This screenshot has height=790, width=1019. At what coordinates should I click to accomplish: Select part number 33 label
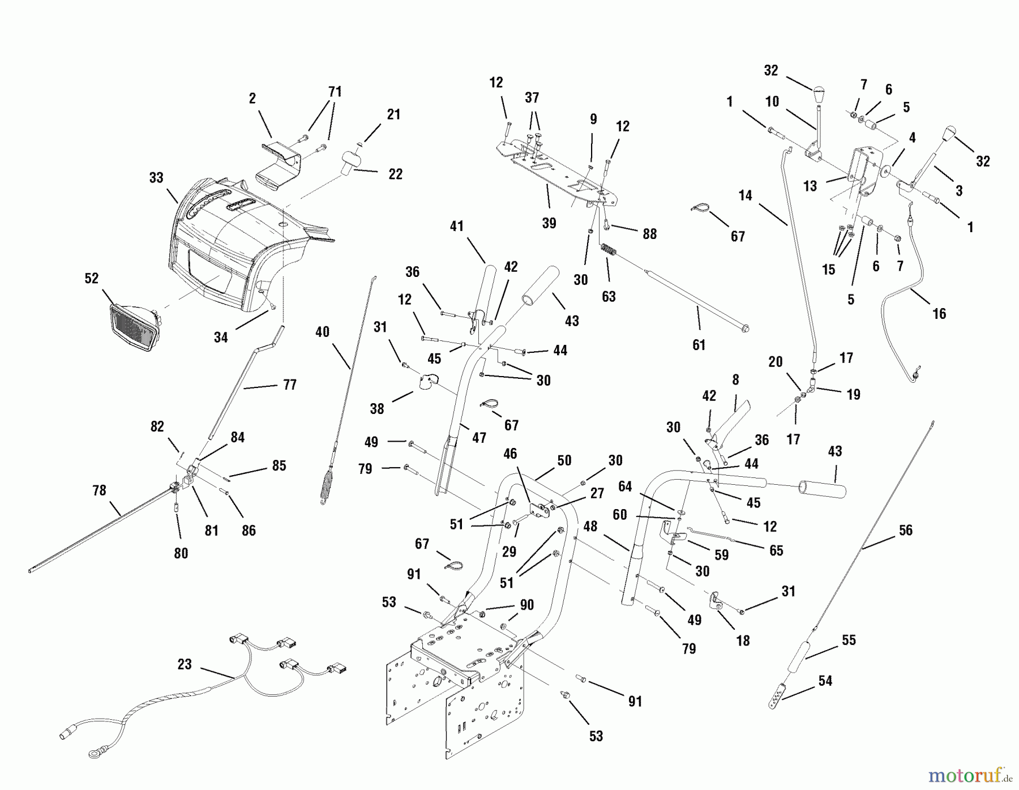[x=156, y=178]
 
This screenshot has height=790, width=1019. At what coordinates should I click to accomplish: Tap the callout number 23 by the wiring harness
[x=185, y=664]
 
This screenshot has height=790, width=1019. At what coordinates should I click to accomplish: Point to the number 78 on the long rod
[x=99, y=490]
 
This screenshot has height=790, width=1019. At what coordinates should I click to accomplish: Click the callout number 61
[x=699, y=344]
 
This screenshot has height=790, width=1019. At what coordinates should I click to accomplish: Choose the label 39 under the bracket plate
[x=549, y=223]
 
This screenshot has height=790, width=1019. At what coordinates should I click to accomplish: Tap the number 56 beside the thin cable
[x=906, y=530]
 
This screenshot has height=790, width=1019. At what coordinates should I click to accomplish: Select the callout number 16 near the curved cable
[x=939, y=313]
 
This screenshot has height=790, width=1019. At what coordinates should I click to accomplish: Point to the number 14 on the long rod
[x=746, y=196]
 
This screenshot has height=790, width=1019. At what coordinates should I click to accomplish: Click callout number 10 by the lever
[x=772, y=102]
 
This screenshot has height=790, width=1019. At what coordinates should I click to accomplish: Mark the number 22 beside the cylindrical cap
[x=395, y=174]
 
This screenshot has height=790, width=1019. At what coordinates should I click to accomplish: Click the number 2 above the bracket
[x=252, y=99]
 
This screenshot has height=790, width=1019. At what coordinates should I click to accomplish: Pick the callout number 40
[x=322, y=332]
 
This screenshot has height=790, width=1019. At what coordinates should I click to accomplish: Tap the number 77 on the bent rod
[x=289, y=385]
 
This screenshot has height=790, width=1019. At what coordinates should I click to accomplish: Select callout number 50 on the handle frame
[x=564, y=460]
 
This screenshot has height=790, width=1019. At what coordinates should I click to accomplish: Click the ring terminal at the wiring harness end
[x=91, y=754]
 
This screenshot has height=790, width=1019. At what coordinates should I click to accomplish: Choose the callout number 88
[x=649, y=234]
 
